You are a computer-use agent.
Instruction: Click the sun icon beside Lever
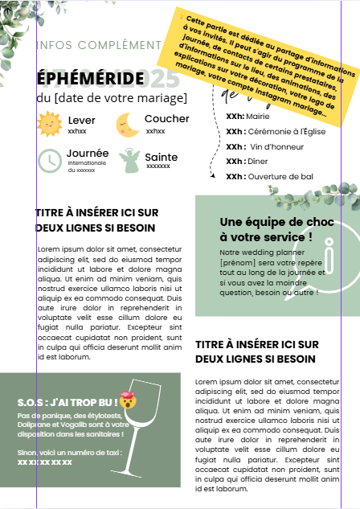point(49,125)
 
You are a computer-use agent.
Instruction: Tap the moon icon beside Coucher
point(127,125)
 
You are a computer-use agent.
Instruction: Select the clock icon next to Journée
point(49,160)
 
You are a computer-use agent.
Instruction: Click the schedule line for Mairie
point(248,116)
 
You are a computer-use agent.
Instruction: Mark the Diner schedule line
point(247,161)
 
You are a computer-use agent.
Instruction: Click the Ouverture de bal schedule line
point(269,176)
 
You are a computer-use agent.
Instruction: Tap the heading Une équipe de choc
point(265,229)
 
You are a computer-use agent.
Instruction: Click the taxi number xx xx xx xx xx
point(45,462)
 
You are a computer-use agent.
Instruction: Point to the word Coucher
point(166,119)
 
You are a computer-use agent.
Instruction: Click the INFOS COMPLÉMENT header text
point(99,44)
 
